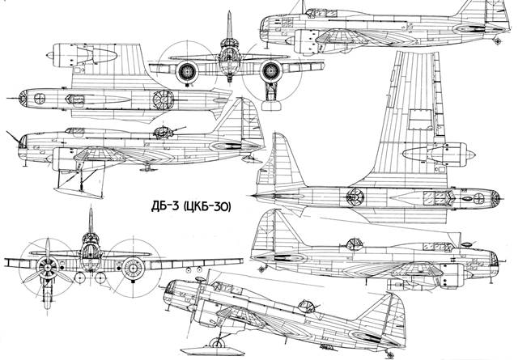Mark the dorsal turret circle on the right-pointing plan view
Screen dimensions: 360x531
tap(354, 196)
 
